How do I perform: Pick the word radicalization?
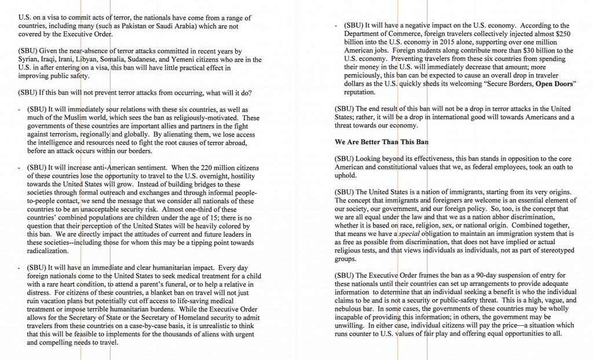point(48,251)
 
